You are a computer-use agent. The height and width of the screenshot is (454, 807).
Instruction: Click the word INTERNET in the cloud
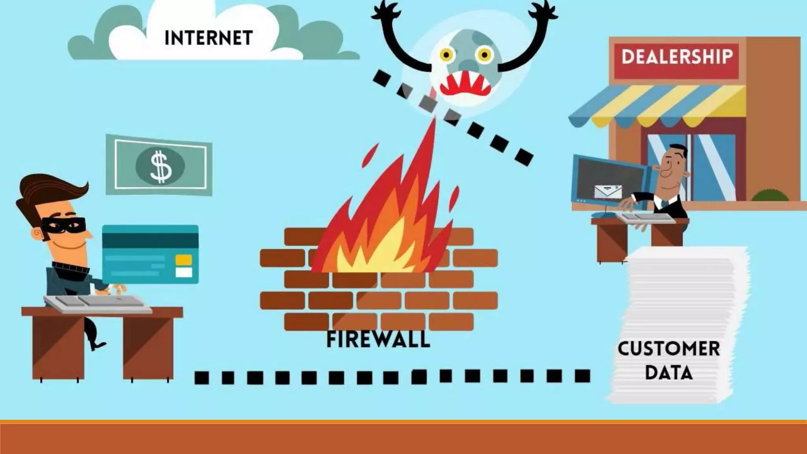pos(208,38)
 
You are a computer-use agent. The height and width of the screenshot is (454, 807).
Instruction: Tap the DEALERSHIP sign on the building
pos(677,57)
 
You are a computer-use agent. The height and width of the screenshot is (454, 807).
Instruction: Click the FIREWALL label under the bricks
pos(378,340)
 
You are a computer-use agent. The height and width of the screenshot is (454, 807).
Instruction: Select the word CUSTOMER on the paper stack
pos(668,349)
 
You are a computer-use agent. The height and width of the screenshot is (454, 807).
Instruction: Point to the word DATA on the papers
pos(668,372)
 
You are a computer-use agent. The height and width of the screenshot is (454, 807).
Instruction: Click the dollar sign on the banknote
pos(160,167)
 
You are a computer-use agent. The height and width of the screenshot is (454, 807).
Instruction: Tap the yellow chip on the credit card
pos(184,260)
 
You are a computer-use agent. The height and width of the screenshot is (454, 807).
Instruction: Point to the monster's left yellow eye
pos(447,55)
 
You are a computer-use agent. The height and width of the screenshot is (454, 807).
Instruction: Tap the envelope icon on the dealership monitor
pos(608,192)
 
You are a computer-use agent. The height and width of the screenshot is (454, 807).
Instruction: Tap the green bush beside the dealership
pos(770,195)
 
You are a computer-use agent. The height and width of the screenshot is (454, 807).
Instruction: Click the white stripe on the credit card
pos(184,272)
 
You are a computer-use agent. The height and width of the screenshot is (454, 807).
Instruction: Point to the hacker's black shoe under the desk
pos(97,345)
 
